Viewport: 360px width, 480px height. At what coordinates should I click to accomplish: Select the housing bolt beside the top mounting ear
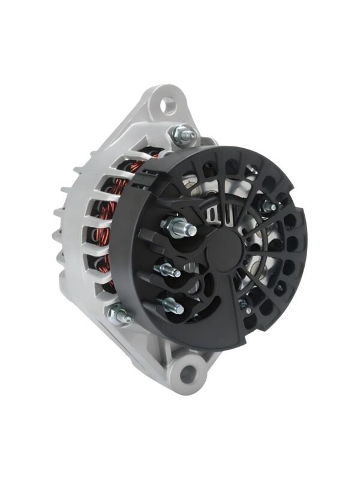[x=182, y=134]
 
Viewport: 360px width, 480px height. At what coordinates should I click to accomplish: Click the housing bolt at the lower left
[x=119, y=314]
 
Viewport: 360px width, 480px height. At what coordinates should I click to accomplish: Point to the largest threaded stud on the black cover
[x=186, y=229]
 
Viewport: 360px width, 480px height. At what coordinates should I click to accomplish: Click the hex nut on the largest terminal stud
[x=172, y=226]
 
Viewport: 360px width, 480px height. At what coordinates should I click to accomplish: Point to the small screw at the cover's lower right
[x=244, y=304]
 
